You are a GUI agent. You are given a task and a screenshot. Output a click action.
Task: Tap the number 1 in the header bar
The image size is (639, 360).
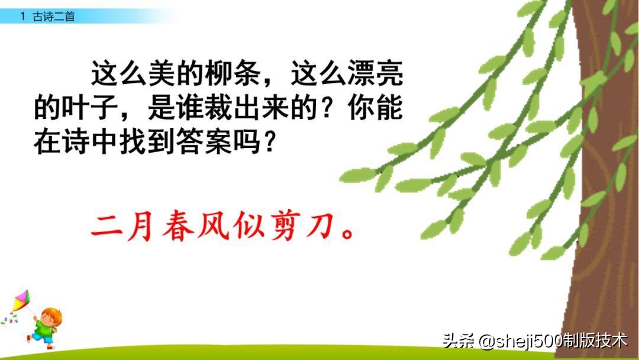(x=22, y=17)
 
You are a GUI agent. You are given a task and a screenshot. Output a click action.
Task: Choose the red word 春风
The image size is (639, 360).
(x=179, y=226)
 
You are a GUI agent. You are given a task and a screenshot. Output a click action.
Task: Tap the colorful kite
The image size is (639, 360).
(x=21, y=301)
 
